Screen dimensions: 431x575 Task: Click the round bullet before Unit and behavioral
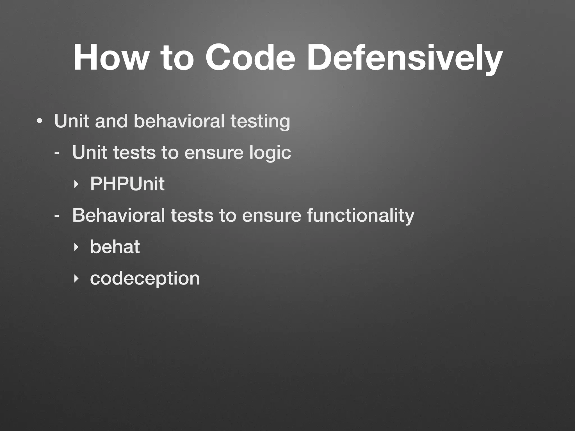coord(40,121)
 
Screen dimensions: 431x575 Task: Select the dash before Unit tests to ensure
coord(57,153)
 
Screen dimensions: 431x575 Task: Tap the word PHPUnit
coord(127,184)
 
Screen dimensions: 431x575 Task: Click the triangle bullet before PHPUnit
coord(75,184)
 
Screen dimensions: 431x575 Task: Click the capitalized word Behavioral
coord(118,215)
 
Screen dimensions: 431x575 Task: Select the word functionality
coord(360,216)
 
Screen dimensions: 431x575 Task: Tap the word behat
coord(115,247)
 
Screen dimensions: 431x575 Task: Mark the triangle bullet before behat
coord(75,247)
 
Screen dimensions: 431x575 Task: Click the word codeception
coord(145,279)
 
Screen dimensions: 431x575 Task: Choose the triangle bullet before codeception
coord(75,279)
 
